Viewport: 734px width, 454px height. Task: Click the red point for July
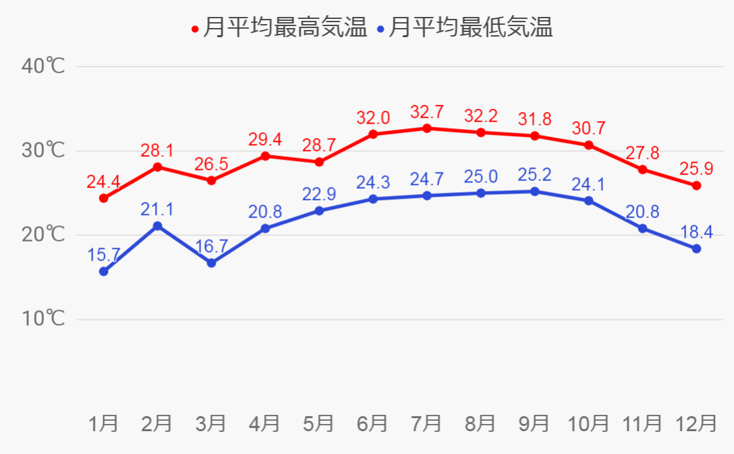426,128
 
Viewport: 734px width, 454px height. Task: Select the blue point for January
103,272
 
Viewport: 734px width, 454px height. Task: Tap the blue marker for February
157,226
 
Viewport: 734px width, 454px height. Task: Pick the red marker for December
696,186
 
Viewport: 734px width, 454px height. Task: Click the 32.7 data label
427,112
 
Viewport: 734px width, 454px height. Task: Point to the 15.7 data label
103,255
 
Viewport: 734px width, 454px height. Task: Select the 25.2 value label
535,175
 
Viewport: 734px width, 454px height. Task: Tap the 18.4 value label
696,233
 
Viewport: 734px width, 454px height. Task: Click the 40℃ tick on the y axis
43,66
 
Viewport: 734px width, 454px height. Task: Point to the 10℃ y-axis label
43,319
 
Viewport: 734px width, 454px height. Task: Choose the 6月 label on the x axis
373,423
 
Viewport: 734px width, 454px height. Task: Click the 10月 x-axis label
588,423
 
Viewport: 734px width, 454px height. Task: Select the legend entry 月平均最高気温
285,28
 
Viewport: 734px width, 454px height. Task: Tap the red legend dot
195,29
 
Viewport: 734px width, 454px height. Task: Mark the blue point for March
211,263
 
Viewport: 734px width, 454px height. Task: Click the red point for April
265,156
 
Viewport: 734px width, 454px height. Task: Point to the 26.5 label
211,164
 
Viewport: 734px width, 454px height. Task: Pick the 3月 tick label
211,423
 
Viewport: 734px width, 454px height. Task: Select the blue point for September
535,192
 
